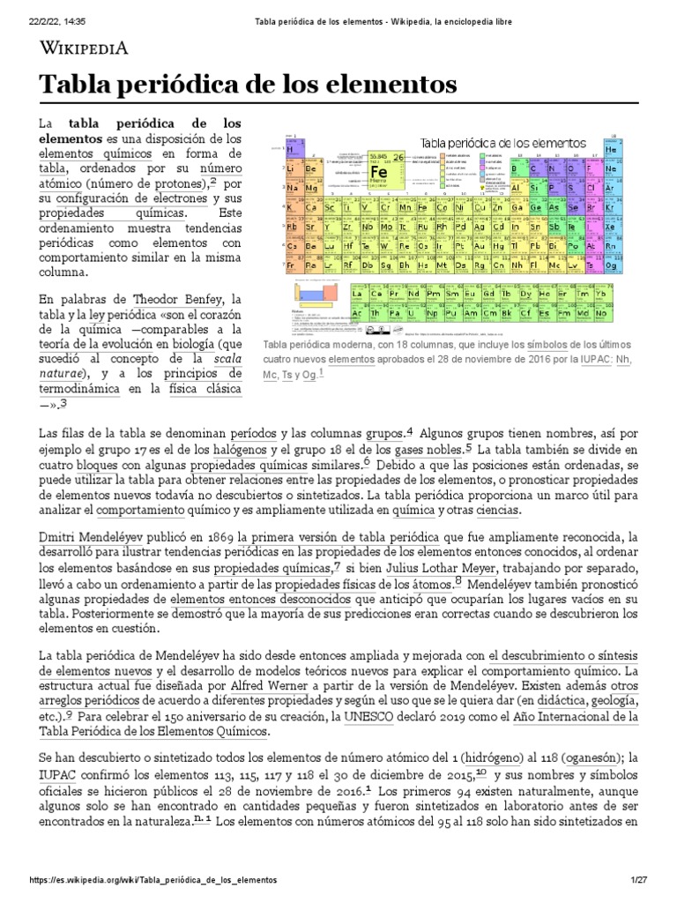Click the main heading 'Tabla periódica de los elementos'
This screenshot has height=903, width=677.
[249, 86]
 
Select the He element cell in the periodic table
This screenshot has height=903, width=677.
[611, 150]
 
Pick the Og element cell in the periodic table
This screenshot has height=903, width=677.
[611, 265]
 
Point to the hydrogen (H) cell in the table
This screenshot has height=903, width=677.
[289, 150]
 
